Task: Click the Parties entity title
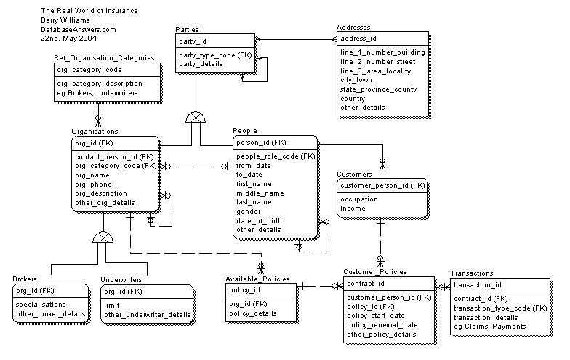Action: [187, 29]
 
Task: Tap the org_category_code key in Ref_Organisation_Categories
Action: [89, 70]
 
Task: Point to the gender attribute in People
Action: [249, 212]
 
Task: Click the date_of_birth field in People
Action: [258, 220]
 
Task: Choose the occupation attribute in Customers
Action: [360, 199]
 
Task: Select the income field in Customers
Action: [353, 208]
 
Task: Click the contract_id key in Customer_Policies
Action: [366, 283]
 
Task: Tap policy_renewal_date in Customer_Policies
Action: [382, 324]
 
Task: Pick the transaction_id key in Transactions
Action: [478, 285]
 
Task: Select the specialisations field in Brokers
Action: [41, 305]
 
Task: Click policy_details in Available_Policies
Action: [252, 313]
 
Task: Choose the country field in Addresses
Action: [353, 98]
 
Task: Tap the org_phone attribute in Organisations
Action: [92, 185]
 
